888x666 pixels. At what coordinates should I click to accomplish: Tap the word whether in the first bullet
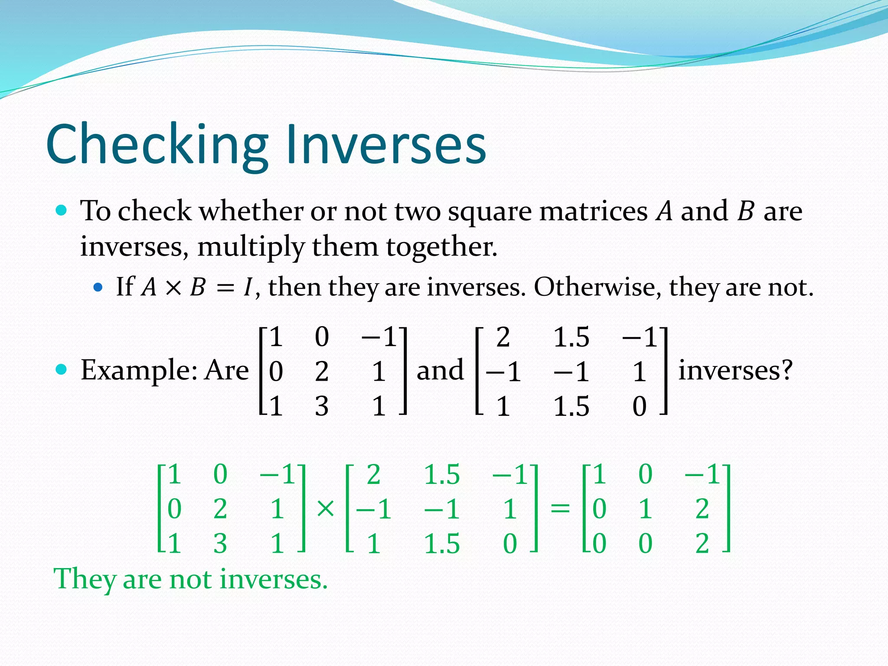pyautogui.click(x=252, y=211)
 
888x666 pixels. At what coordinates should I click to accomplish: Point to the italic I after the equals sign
pyautogui.click(x=248, y=287)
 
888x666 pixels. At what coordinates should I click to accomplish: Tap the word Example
pyautogui.click(x=139, y=370)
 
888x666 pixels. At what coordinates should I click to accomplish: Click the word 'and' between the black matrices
pyautogui.click(x=440, y=370)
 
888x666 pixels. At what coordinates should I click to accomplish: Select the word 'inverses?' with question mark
pyautogui.click(x=735, y=370)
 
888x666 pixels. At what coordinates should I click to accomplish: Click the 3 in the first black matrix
pyautogui.click(x=322, y=407)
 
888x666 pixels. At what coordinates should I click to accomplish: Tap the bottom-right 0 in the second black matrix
pyautogui.click(x=640, y=407)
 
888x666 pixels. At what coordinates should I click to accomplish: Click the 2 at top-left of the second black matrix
pyautogui.click(x=503, y=337)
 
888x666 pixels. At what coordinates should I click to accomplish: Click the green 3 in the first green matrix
pyautogui.click(x=220, y=544)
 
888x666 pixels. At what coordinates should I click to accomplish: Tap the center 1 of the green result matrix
pyautogui.click(x=645, y=509)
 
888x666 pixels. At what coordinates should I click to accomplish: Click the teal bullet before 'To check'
pyautogui.click(x=62, y=211)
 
